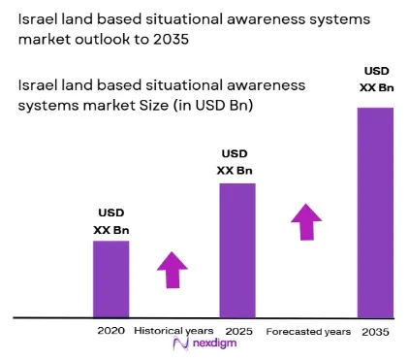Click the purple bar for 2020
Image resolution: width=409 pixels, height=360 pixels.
pos(111,279)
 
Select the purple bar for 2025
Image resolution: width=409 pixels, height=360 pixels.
pos(237,250)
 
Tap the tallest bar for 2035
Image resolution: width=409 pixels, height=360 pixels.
pos(375,213)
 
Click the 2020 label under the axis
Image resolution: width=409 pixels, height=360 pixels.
pos(111,331)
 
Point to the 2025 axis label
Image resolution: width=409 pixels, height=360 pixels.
pos(238,331)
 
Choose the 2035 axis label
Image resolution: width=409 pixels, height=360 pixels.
pos(375,332)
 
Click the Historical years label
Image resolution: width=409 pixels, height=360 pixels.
pos(173,331)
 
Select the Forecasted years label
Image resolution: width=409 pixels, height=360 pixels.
pos(308,332)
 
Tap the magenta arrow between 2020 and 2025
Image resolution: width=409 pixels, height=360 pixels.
pos(173,270)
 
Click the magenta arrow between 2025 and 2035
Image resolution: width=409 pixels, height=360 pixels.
pos(306,222)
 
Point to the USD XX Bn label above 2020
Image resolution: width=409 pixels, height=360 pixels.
pos(111,221)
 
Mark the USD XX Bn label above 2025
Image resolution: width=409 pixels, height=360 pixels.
pos(235,162)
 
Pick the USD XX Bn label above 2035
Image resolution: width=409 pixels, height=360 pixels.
pos(377,80)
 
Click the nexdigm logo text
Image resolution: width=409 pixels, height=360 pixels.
pos(214,343)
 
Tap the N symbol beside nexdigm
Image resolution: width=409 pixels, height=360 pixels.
pos(181,344)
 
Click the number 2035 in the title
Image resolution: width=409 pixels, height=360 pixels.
pos(171,40)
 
